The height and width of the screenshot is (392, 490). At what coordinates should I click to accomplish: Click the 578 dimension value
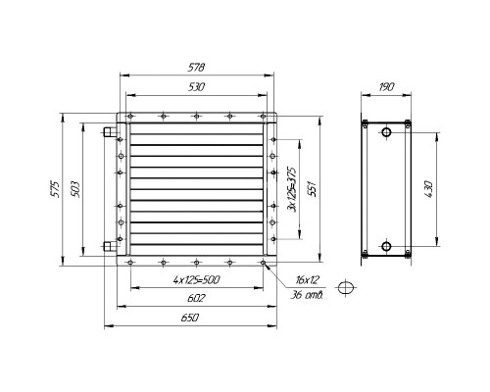pos(196,68)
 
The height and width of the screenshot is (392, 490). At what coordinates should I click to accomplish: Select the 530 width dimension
pos(196,87)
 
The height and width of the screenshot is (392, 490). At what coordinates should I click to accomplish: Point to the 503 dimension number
pos(75,189)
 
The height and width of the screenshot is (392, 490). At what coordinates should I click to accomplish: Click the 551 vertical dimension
pos(313,188)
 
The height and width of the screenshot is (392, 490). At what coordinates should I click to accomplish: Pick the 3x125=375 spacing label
pos(291,189)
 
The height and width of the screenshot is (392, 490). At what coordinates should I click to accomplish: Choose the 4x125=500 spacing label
pos(196,280)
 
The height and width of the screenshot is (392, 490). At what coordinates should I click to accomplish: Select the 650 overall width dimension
pos(190,318)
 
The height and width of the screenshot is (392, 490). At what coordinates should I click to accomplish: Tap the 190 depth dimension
pos(386,87)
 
